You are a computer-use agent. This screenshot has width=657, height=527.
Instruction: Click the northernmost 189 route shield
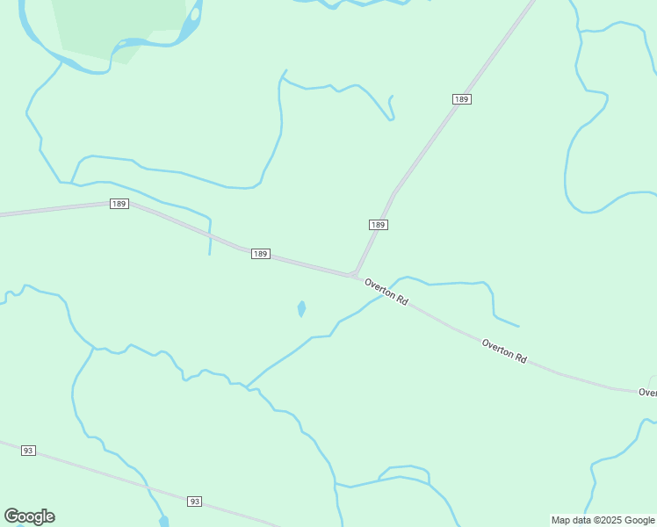coord(462,99)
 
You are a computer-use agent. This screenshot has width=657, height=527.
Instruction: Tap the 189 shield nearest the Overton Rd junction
coord(378,225)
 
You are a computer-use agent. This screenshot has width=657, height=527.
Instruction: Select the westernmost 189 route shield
coord(119,204)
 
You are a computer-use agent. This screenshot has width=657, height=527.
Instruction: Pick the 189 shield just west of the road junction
coord(260,254)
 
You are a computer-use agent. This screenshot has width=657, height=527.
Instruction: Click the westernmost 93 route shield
coord(28,451)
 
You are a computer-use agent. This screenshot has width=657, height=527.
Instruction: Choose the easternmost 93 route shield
coord(194,502)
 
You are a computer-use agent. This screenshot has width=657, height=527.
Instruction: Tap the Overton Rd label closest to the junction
coord(386,292)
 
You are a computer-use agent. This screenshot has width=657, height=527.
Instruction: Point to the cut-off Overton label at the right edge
coord(647,393)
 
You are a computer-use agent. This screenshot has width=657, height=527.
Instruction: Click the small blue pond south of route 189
coord(301,308)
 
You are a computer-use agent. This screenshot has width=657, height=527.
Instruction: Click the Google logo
coord(30,516)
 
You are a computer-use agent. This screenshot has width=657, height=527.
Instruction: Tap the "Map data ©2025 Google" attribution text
coord(603,521)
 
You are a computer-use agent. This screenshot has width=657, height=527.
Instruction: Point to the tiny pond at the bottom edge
coord(163,522)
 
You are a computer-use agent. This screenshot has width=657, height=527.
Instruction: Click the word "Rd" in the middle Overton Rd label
coord(520,358)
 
